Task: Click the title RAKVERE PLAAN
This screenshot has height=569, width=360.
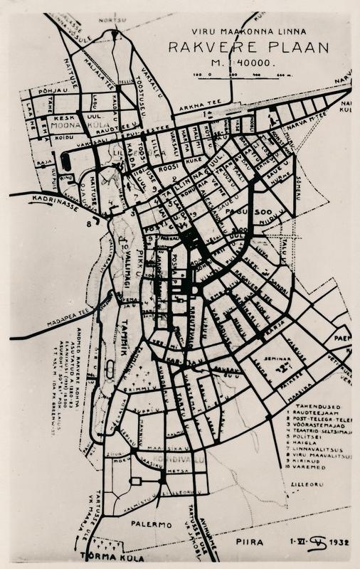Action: (248, 48)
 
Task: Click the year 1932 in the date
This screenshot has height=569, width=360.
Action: (337, 542)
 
